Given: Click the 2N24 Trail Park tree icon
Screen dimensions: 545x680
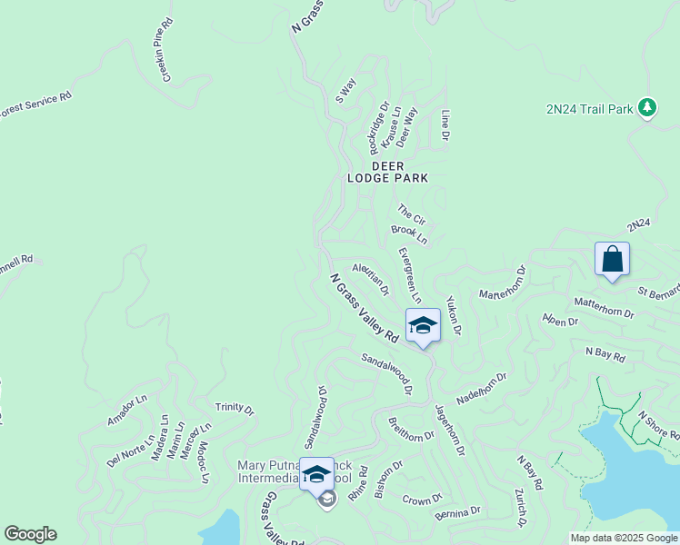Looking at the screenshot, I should point(647,108).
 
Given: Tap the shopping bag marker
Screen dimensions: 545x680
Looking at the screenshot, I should point(612,260).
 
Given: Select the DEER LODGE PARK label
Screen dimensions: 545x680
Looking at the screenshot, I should point(386,172).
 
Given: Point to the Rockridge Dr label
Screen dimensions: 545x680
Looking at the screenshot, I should point(379,127).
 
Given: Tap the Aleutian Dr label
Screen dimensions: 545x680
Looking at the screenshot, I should point(371,279).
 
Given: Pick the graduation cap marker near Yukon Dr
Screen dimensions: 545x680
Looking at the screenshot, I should point(423,325).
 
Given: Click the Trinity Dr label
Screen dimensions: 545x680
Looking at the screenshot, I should point(235,409).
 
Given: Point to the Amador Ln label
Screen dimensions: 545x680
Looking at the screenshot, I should point(126,410).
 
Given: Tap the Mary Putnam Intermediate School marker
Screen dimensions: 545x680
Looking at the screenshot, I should point(316,475).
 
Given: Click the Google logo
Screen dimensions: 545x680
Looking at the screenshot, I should point(30,534).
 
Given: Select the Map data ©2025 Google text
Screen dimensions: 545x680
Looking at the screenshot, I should point(624,538).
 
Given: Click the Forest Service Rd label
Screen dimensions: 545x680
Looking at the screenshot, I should point(35,106).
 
